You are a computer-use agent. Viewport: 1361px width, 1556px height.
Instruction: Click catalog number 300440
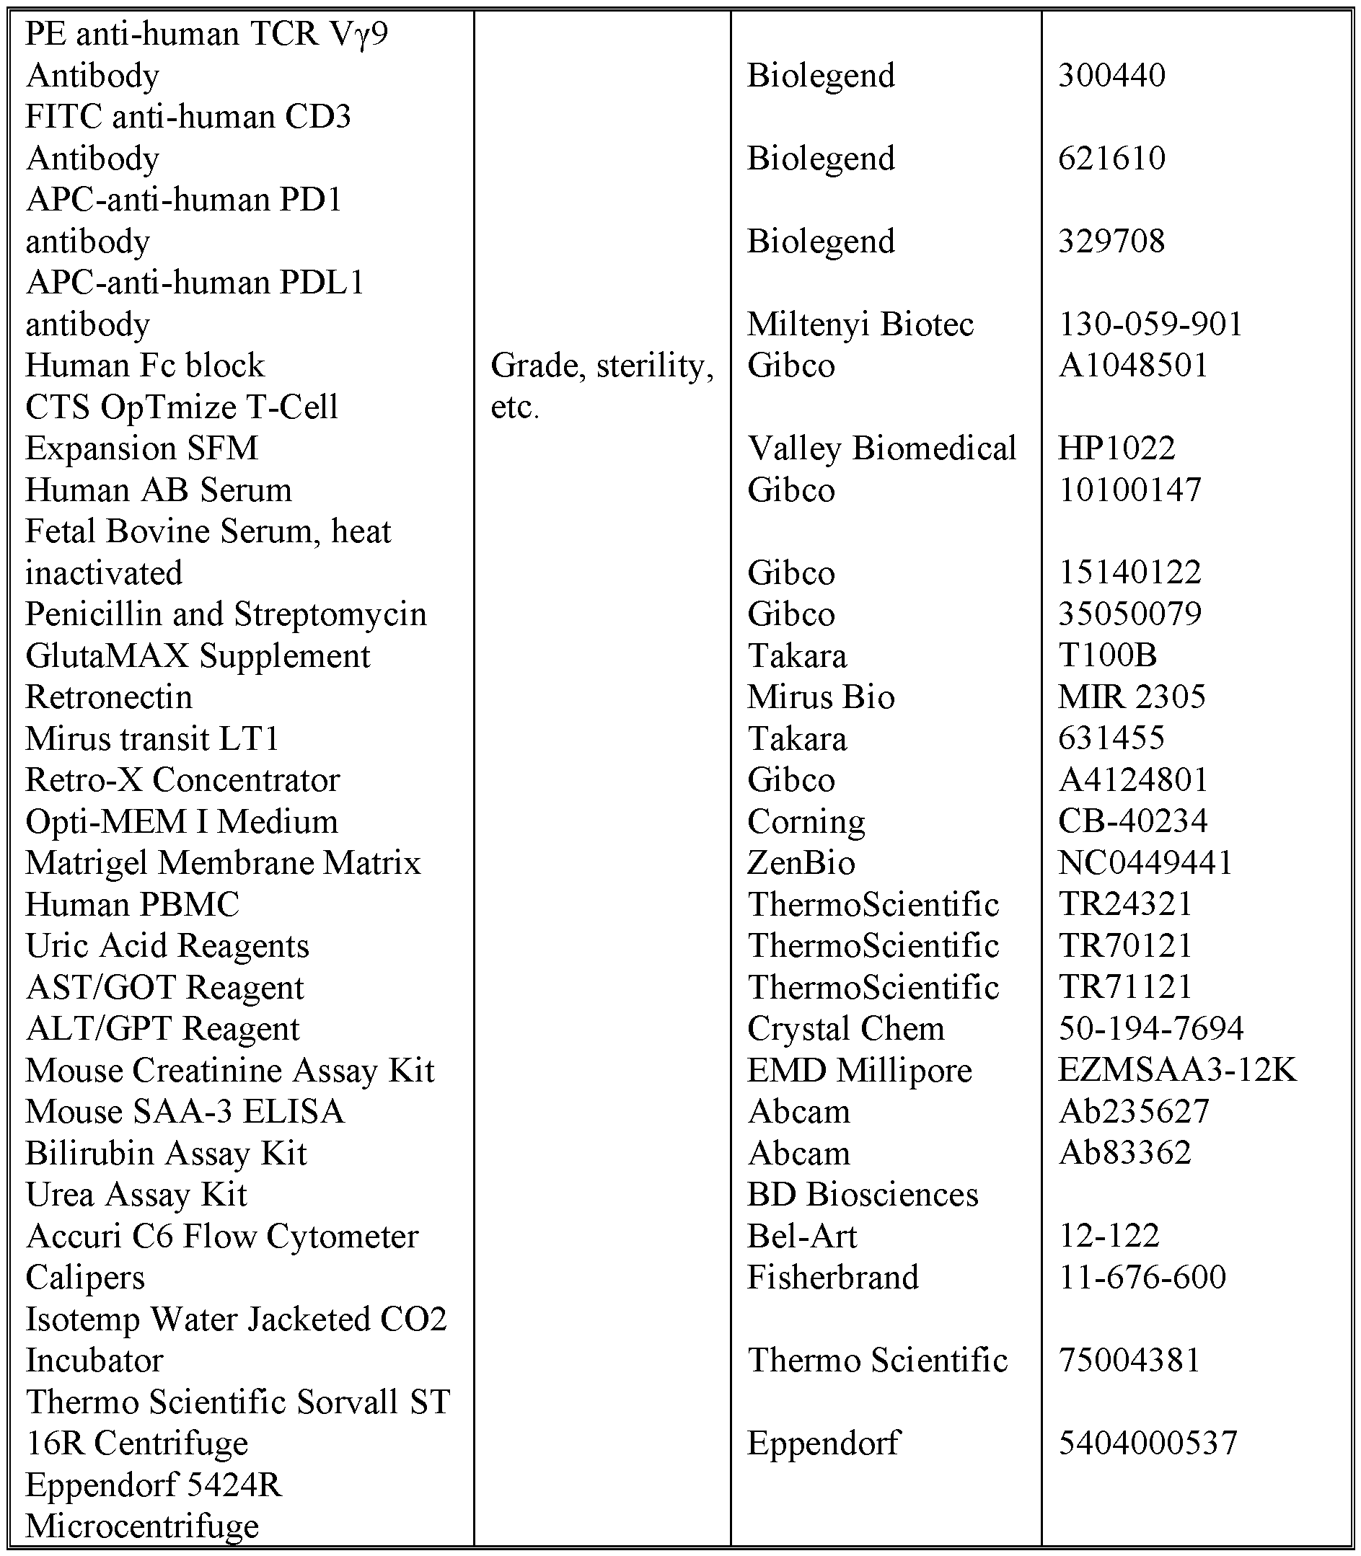click(x=1111, y=76)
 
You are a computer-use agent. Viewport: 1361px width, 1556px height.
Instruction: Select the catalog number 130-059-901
click(x=1150, y=325)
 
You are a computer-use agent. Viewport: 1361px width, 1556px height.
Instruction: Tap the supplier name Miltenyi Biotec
click(x=860, y=325)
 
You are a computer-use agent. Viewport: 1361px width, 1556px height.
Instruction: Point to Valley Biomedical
click(x=881, y=448)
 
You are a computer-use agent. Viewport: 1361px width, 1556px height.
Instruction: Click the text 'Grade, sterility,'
click(x=602, y=367)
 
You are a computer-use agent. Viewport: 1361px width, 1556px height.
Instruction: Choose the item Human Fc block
click(x=144, y=366)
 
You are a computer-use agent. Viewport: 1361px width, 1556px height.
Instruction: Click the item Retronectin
click(x=109, y=698)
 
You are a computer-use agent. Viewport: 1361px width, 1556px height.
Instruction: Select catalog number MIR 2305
click(x=1131, y=697)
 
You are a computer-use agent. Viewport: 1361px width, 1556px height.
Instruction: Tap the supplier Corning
click(x=806, y=822)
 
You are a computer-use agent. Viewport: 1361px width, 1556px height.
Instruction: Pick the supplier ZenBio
click(x=801, y=863)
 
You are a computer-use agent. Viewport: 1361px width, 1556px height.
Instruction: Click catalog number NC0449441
click(x=1145, y=863)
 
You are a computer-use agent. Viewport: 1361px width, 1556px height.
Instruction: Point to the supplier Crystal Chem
click(x=845, y=1030)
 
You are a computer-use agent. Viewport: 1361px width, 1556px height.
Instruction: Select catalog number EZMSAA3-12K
click(x=1177, y=1071)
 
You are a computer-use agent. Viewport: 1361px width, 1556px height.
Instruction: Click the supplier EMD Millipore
click(x=859, y=1071)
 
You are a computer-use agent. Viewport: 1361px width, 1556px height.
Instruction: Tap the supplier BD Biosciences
click(x=862, y=1195)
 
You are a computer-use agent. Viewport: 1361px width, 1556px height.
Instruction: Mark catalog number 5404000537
click(x=1148, y=1444)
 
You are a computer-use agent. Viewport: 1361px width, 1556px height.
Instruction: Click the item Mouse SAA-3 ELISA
click(x=185, y=1113)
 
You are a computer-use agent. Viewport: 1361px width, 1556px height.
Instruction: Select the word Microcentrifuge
click(x=142, y=1526)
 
